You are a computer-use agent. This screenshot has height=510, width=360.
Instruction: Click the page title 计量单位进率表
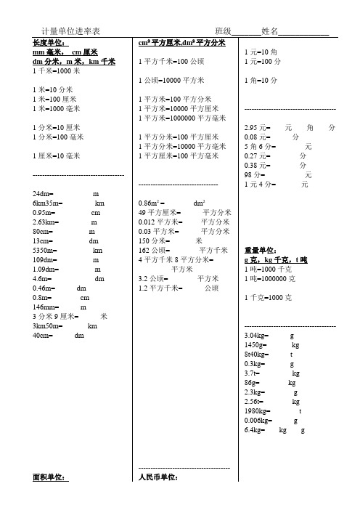click(x=70, y=31)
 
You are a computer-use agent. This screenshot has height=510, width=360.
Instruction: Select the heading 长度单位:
click(x=50, y=43)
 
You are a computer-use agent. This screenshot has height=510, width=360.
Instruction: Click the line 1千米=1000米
click(x=56, y=71)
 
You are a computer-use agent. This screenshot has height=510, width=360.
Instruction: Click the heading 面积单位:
click(x=50, y=477)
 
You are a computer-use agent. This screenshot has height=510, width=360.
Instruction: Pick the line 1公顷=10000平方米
click(x=171, y=80)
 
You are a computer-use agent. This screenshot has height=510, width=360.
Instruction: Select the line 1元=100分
click(x=262, y=62)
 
